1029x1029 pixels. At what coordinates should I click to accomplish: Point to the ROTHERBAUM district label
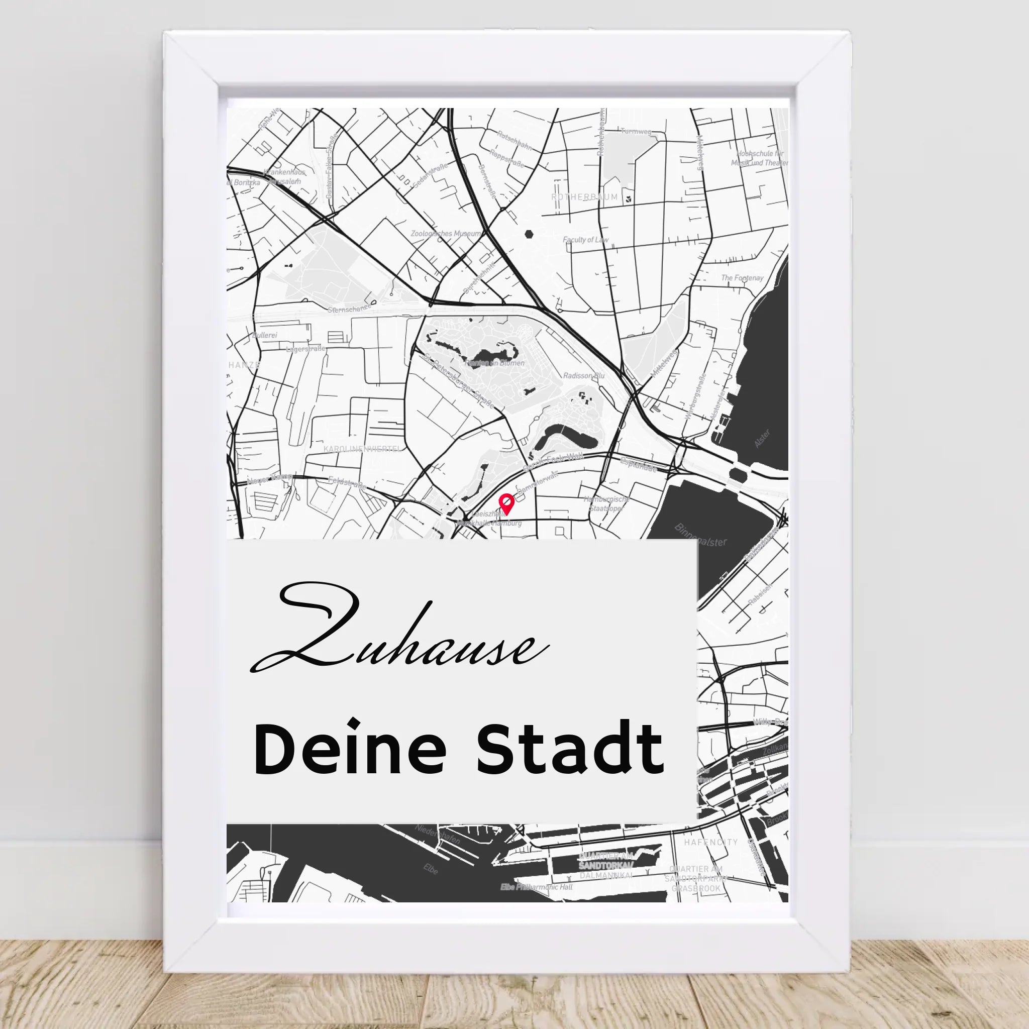(585, 197)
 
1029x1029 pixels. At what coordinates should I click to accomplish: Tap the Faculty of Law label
(585, 240)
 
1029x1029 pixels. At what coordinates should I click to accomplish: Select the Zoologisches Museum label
(446, 233)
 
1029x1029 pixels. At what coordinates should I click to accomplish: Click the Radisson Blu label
(584, 375)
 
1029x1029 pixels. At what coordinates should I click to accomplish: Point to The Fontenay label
(742, 278)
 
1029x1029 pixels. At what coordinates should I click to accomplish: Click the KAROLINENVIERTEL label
(362, 450)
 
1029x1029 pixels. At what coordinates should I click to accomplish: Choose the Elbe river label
(431, 869)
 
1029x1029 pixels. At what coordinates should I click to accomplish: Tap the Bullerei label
(265, 336)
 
